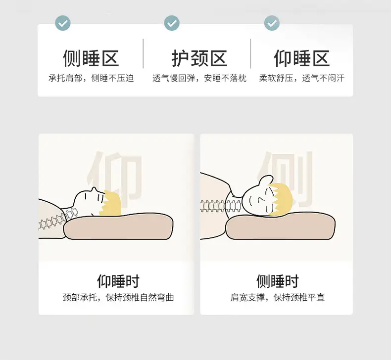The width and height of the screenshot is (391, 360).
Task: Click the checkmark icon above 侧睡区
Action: coord(62,23)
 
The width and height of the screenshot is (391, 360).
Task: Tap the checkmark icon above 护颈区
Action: coord(172,23)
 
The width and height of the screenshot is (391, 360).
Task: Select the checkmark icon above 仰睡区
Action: coord(272,23)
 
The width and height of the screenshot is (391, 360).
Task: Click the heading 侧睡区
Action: coord(91,58)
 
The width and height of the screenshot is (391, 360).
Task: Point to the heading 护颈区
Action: coord(199,58)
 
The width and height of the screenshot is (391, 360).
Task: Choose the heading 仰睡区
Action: coord(302,58)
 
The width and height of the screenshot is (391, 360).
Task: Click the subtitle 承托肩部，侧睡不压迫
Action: coord(91,78)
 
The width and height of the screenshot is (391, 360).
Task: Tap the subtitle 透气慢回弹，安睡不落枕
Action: coord(199,78)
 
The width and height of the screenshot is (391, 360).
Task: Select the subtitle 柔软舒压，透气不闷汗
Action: coord(302,78)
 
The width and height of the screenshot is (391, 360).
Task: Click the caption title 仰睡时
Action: coord(118,281)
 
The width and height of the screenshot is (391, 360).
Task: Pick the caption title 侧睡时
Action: coord(278,281)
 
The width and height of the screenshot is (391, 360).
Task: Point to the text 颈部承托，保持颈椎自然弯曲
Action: coord(118,298)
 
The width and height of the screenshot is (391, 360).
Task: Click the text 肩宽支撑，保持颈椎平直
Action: coord(278,298)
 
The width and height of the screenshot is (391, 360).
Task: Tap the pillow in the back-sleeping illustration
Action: coord(118,226)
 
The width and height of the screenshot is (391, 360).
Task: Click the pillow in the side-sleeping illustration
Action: coord(280,226)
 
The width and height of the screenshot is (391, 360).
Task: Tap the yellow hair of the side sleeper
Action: coord(281,199)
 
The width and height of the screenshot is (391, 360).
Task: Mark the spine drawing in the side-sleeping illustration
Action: coord(221,206)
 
